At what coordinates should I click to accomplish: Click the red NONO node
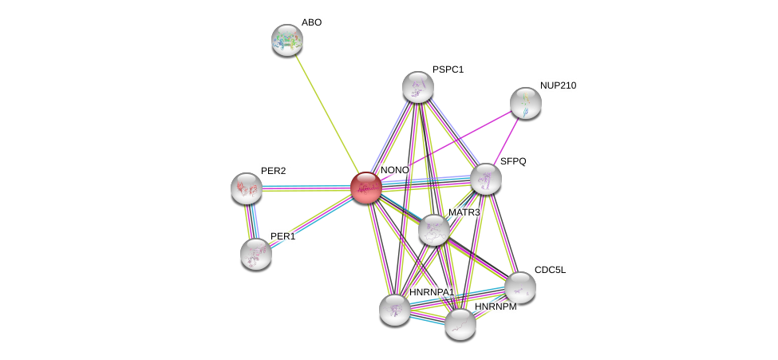coord(365,188)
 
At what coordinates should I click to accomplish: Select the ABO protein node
coord(286,40)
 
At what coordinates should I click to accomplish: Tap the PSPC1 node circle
coord(417,87)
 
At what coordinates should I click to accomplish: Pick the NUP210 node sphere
coord(525,102)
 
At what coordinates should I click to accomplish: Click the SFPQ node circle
coord(485,179)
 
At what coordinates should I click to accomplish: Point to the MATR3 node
coord(433,230)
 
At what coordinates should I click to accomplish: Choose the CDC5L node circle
coord(519,287)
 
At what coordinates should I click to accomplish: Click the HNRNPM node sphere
coord(460,323)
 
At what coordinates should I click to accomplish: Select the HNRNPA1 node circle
coord(394,309)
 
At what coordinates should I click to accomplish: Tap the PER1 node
coord(255,253)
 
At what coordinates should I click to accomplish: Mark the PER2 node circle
coord(246,188)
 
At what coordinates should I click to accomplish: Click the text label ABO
coord(311,22)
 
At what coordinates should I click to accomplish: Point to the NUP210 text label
coord(557,85)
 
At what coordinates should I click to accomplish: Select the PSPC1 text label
coord(448,69)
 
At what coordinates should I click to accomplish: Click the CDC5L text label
coord(550,270)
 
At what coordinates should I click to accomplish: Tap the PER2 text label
coord(273,171)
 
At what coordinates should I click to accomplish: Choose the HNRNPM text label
coord(496,307)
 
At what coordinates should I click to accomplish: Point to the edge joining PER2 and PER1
coord(251,220)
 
